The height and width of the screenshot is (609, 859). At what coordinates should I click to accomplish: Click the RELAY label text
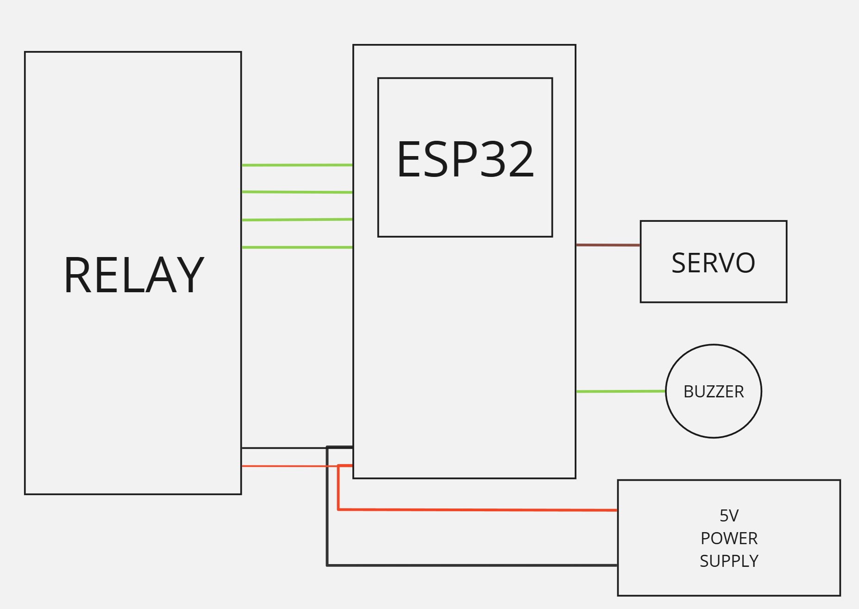point(133,275)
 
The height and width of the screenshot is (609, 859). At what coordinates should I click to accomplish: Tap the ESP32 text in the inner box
point(465,159)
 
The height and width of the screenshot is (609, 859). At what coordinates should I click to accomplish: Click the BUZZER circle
point(713,412)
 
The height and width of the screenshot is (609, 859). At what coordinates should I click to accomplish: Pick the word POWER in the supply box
point(729,539)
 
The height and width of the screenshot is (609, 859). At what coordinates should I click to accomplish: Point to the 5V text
point(729,515)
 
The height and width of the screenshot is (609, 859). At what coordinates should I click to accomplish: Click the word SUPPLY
point(729,561)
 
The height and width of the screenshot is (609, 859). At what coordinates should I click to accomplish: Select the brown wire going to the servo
point(608,245)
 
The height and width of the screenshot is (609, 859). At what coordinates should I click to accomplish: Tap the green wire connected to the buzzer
point(621,392)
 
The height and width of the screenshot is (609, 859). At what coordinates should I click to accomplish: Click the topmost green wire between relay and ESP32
point(297,165)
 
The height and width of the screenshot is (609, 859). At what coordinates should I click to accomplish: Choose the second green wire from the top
point(297,192)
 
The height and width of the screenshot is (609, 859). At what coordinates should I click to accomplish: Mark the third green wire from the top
point(297,220)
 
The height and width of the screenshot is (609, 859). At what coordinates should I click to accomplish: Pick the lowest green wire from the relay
point(297,247)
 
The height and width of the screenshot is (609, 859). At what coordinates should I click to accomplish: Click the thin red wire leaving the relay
point(282,466)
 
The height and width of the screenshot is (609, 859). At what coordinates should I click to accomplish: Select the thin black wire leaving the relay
point(282,448)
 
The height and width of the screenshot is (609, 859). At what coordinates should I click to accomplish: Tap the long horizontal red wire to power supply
point(477,510)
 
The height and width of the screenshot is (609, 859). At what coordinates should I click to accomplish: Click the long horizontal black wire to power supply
point(472,565)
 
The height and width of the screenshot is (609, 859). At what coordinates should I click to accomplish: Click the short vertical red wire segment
point(339,489)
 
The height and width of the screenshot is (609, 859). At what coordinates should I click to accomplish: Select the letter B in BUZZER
point(688,392)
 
